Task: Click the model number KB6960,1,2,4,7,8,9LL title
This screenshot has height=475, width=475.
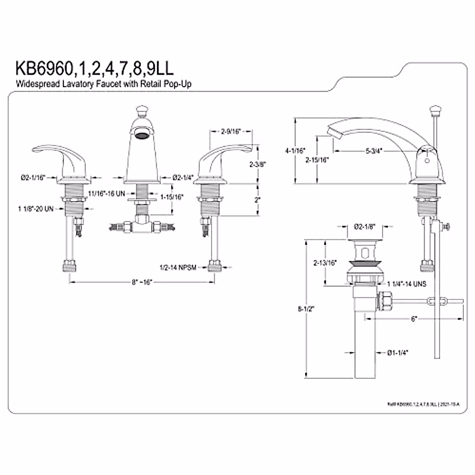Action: tap(94, 68)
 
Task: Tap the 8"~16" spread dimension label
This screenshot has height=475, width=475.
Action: tap(142, 282)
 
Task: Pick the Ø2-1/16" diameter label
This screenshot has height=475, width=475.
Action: tap(34, 178)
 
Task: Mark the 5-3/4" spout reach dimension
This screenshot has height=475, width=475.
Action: tap(374, 151)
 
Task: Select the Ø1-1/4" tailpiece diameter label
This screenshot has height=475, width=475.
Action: tap(398, 352)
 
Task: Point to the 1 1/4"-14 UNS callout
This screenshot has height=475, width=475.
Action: tap(407, 284)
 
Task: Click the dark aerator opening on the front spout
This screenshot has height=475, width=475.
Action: tap(141, 135)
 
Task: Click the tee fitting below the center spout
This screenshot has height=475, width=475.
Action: tap(141, 226)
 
